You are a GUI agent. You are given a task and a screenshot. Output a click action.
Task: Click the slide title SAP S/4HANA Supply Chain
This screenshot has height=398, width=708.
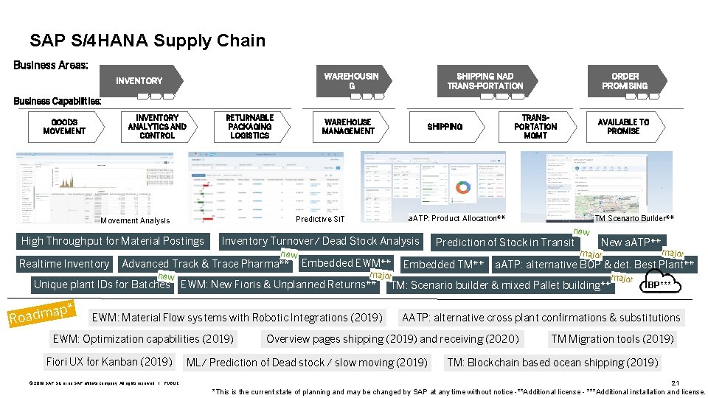[147, 41]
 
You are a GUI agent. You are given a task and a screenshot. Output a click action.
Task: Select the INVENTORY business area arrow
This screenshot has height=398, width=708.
[140, 81]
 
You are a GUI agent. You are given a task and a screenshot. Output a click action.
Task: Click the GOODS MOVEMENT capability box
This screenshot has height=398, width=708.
[64, 127]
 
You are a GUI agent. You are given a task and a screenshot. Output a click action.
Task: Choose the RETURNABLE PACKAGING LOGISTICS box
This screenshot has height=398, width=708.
[249, 127]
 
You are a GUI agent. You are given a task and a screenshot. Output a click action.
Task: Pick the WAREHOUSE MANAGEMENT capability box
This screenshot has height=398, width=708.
[348, 127]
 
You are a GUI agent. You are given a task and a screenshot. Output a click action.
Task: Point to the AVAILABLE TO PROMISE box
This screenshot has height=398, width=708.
[623, 127]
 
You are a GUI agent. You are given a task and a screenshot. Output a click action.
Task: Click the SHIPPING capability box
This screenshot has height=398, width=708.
[445, 127]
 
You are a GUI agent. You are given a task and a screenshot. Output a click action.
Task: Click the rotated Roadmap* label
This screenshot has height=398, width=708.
[41, 314]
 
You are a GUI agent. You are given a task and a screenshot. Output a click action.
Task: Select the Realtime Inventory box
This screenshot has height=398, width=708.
[64, 264]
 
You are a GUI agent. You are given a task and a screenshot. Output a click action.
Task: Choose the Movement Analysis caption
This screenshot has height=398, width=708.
[135, 220]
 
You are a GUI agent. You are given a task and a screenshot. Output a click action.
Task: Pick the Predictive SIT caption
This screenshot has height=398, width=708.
[319, 219]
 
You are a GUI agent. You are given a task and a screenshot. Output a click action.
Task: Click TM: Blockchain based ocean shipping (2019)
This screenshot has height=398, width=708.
[552, 363]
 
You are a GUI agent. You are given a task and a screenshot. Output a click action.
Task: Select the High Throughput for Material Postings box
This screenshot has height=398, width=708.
[113, 241]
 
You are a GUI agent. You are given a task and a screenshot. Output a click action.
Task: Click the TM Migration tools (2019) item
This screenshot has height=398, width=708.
[612, 339]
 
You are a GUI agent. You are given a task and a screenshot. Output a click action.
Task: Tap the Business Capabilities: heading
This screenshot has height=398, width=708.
[57, 101]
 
